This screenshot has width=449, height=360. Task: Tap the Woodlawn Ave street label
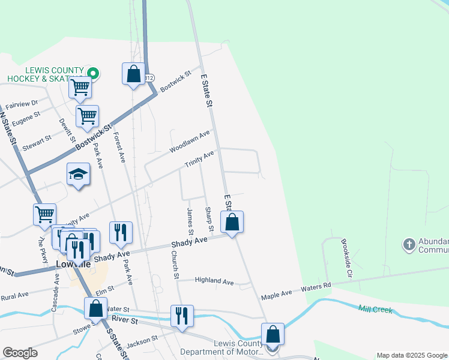point(190,141)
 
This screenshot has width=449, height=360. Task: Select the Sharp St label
point(209,220)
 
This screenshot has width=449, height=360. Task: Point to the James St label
point(190,221)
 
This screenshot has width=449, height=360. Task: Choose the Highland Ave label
point(214,281)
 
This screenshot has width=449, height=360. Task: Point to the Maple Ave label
point(276,293)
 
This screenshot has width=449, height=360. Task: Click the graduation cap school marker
point(78,175)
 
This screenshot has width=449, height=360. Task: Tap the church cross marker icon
point(409,244)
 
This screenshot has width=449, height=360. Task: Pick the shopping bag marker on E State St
point(232,222)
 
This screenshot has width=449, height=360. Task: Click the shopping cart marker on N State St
point(45,214)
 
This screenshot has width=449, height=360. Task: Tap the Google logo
point(20,353)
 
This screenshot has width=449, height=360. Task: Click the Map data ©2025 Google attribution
point(412,355)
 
